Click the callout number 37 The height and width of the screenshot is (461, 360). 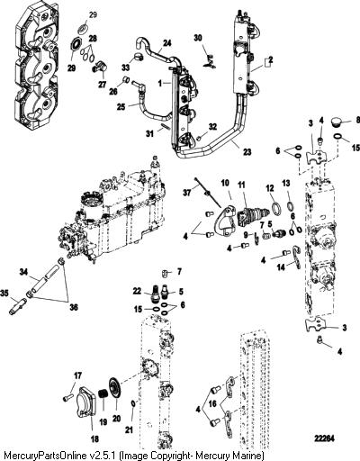point(186,192)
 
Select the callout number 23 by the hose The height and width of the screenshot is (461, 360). point(247,152)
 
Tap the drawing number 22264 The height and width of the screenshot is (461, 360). point(324,438)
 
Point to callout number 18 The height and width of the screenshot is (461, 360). point(94,439)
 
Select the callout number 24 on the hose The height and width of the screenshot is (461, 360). point(166,43)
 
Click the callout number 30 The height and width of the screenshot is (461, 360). point(198,38)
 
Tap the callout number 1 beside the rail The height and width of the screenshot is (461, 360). point(160,84)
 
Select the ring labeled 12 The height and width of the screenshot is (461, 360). point(276,209)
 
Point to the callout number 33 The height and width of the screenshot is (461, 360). point(125,68)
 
